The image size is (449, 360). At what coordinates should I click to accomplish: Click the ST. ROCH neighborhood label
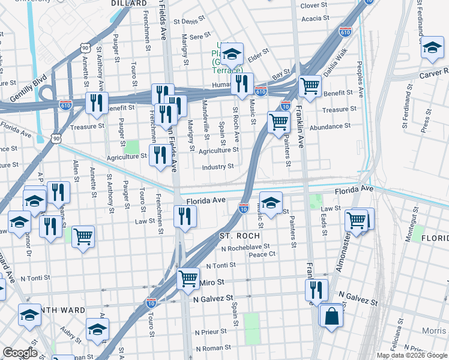pos(240,236)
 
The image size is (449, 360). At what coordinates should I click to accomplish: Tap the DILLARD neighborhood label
pos(129,4)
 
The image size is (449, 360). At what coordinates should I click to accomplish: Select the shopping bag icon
pos(331,314)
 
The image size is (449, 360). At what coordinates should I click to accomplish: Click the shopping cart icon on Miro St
pos(188,278)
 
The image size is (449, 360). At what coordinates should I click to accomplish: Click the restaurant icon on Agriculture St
pos(160,155)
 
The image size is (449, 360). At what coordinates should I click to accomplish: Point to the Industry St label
pos(217,167)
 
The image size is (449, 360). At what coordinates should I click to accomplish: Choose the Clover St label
pos(314,5)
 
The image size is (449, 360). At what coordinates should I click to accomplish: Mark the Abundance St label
pos(331,126)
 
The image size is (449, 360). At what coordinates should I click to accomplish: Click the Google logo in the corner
pos(20,353)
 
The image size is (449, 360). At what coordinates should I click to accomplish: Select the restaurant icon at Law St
pos(185,216)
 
